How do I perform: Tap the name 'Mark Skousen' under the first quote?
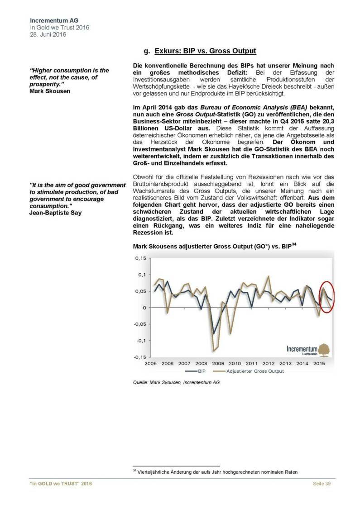(x=47, y=90)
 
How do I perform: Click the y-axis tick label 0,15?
(x=142, y=258)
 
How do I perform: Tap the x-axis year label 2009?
(x=218, y=363)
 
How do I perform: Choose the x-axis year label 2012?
(x=268, y=363)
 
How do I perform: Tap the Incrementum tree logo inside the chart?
(x=325, y=350)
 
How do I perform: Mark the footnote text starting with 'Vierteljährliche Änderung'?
(x=217, y=472)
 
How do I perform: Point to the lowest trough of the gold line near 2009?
(x=213, y=352)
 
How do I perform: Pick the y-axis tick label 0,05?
(x=142, y=291)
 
